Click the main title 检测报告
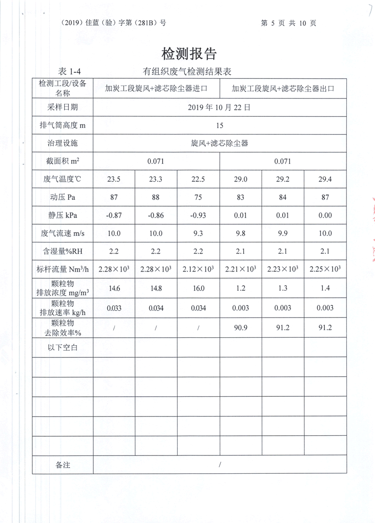point(189,53)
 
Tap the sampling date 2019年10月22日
point(219,107)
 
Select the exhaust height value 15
point(220,125)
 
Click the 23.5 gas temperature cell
point(114,179)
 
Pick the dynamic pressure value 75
point(198,197)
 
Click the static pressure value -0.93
point(198,215)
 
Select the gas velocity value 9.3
point(198,234)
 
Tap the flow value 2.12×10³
point(198,269)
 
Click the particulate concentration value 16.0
point(198,288)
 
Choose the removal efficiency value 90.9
point(240,327)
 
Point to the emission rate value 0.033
point(114,308)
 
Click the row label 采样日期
point(63,107)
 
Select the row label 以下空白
point(63,347)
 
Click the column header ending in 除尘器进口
point(156,88)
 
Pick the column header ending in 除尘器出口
point(283,88)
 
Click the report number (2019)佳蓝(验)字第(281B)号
point(113,23)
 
